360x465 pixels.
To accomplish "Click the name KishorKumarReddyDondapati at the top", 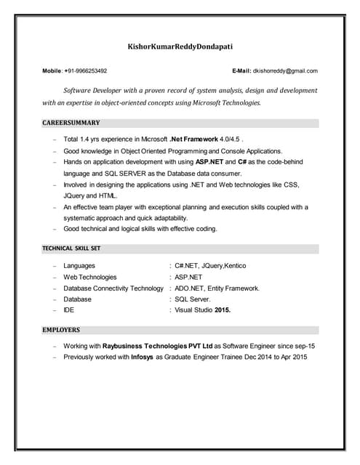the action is coord(180,46).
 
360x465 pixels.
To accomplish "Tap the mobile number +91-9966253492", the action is coord(86,71).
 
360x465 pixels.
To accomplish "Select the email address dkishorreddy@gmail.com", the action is coord(285,71).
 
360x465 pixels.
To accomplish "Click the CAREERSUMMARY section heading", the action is coord(71,123).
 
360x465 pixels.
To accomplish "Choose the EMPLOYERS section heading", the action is coord(61,330).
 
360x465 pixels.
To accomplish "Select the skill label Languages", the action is coord(79,266).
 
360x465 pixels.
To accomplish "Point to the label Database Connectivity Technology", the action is coord(113,288).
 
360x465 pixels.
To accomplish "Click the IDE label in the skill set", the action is coord(69,310).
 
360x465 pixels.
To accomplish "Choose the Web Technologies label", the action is coord(90,277).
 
